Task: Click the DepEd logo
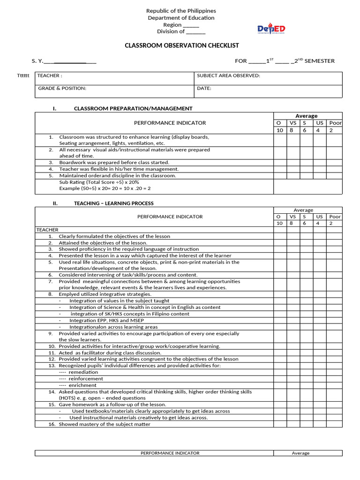[x=271, y=29]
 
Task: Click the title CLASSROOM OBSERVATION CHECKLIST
[x=181, y=45]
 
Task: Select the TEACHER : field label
[x=50, y=75]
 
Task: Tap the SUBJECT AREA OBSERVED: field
[x=228, y=75]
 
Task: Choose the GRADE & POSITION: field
[x=62, y=88]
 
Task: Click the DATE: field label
[x=204, y=88]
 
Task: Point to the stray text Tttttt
[x=23, y=76]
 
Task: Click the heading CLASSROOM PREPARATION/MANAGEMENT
[x=133, y=108]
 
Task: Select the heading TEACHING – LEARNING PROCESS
[x=113, y=203]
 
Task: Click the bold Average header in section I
[x=307, y=116]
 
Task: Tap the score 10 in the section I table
[x=280, y=130]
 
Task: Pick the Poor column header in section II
[x=335, y=217]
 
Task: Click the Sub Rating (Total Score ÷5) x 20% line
[x=99, y=182]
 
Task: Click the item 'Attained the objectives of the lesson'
[x=103, y=243]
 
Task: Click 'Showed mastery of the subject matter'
[x=105, y=424]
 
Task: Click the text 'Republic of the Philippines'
[x=181, y=11]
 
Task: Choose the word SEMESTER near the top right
[x=320, y=61]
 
